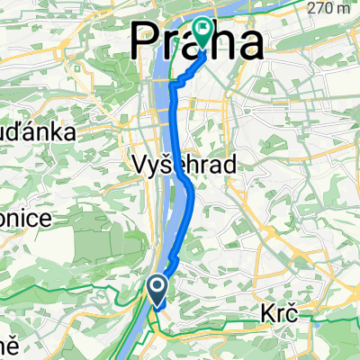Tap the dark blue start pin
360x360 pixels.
(x=157, y=290)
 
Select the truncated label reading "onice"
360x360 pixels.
(x=19, y=219)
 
